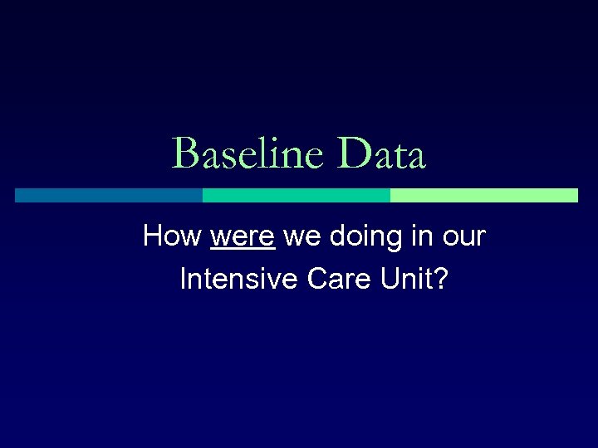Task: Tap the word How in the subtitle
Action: pyautogui.click(x=172, y=236)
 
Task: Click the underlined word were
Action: pyautogui.click(x=243, y=237)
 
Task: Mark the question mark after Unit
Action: pyautogui.click(x=441, y=280)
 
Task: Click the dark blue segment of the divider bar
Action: pyautogui.click(x=109, y=195)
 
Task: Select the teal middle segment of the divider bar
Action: pyautogui.click(x=297, y=195)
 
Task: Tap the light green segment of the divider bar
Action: pyautogui.click(x=483, y=195)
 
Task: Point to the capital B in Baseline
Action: pyautogui.click(x=184, y=154)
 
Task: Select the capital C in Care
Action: pyautogui.click(x=316, y=280)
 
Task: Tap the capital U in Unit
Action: pyautogui.click(x=393, y=280)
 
